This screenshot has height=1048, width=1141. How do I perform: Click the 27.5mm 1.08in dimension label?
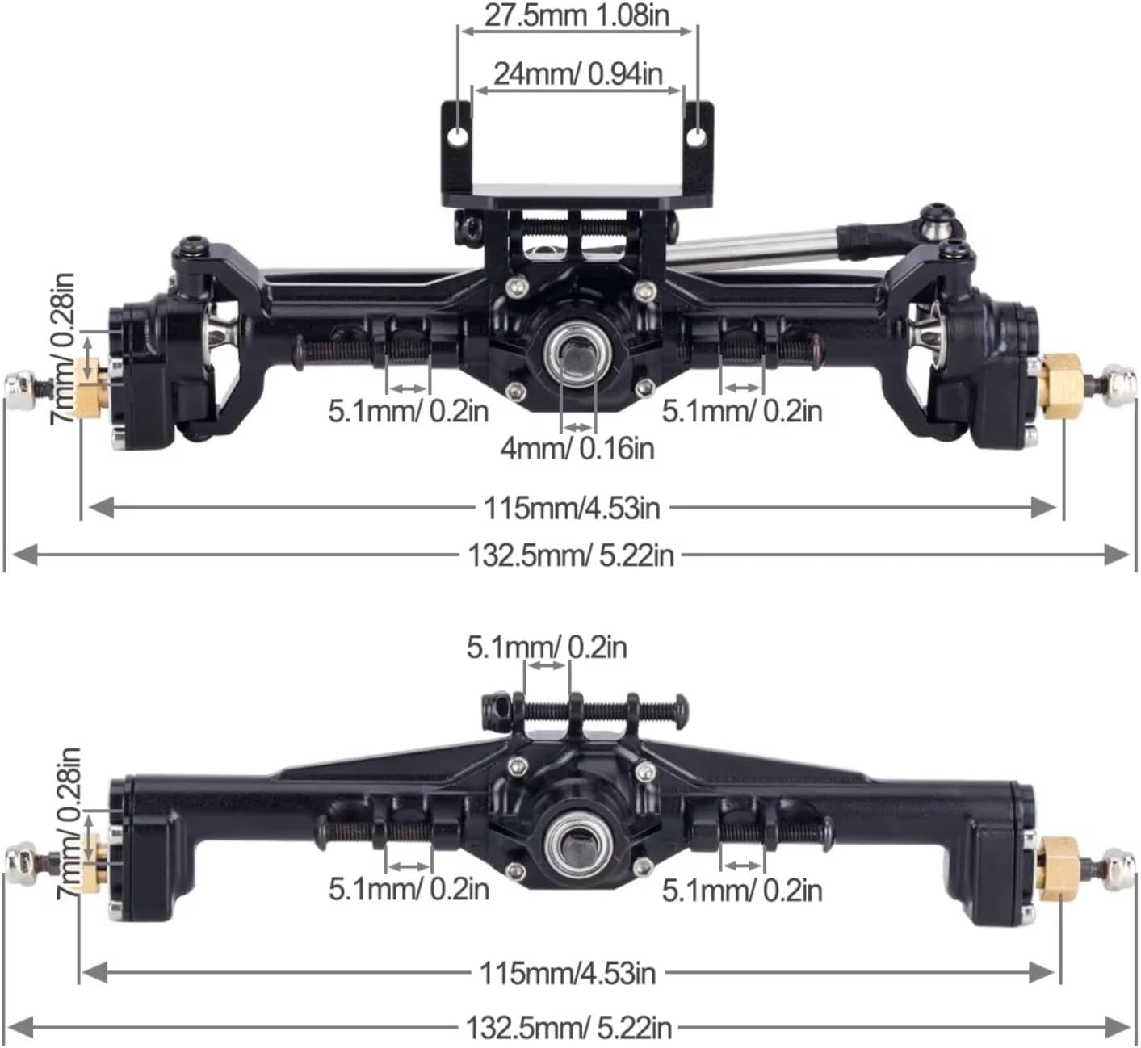click(577, 15)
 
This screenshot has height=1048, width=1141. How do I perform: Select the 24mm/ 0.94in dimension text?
click(578, 73)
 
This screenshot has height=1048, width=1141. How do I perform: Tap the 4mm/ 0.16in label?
click(577, 447)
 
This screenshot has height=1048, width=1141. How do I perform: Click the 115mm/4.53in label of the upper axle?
click(572, 508)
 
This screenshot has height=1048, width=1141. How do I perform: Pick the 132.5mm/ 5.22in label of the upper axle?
click(570, 555)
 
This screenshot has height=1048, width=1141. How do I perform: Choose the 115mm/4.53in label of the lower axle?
click(568, 973)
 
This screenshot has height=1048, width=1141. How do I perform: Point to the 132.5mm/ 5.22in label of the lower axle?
click(568, 1028)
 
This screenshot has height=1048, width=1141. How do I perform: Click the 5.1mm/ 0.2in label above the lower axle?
click(547, 647)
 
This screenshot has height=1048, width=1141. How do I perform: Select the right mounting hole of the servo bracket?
click(694, 137)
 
